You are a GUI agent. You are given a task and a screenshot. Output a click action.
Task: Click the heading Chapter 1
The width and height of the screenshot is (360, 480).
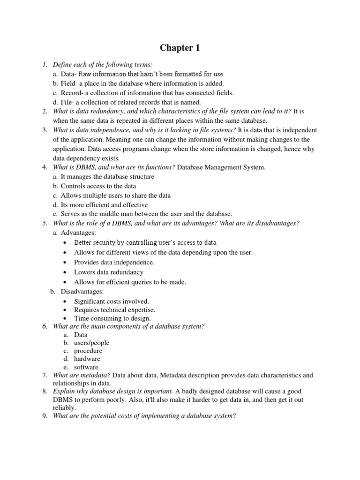coord(180,48)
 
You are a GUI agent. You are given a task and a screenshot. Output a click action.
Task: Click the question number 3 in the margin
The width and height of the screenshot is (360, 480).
coord(45,130)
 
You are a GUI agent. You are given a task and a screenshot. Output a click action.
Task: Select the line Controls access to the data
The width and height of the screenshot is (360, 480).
coord(98,186)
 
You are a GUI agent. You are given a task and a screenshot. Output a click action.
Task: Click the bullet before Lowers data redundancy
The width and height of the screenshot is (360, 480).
coord(65,272)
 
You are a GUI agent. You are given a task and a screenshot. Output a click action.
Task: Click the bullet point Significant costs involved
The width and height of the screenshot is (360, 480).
coord(111,301)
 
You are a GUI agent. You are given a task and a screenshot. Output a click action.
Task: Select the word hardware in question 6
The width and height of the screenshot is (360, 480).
coord(87,359)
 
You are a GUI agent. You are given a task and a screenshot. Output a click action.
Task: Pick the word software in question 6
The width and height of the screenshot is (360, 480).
coord(86,367)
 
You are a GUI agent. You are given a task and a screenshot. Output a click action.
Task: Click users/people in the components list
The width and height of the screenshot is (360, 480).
coord(92,343)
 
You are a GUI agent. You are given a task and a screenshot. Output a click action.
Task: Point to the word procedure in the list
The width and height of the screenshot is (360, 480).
coord(88,351)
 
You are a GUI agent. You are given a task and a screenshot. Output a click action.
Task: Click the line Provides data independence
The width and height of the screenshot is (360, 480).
coord(114,262)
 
